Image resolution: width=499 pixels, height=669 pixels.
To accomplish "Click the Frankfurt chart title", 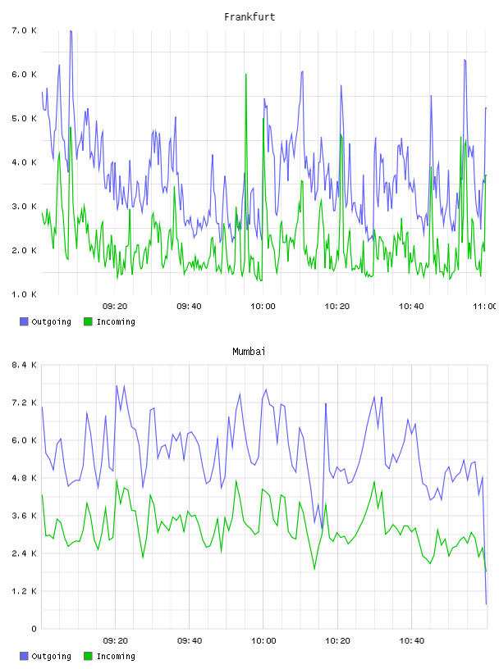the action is pyautogui.click(x=249, y=17).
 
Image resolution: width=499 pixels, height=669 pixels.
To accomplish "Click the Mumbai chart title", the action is pyautogui.click(x=249, y=352).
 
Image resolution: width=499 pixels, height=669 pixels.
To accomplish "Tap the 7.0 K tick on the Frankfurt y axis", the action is pyautogui.click(x=25, y=30).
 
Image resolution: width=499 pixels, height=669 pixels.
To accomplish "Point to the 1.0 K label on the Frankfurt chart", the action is pyautogui.click(x=25, y=294).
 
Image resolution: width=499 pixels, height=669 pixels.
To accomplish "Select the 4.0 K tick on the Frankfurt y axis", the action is pyautogui.click(x=25, y=162).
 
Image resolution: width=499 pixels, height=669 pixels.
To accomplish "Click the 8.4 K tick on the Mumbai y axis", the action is pyautogui.click(x=25, y=365).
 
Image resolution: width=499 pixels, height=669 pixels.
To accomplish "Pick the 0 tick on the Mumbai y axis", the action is pyautogui.click(x=34, y=629).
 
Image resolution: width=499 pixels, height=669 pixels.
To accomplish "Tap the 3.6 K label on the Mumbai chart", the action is pyautogui.click(x=25, y=516).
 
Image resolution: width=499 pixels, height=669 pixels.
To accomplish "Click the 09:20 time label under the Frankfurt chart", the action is pyautogui.click(x=115, y=307).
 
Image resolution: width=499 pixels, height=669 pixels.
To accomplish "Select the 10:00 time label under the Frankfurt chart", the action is pyautogui.click(x=263, y=307).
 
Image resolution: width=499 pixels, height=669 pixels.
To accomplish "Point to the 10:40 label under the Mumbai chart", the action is pyautogui.click(x=412, y=641).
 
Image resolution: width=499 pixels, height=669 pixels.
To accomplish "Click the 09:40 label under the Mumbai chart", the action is pyautogui.click(x=190, y=641).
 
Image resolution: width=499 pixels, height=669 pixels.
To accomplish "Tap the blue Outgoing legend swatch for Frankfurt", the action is pyautogui.click(x=24, y=321).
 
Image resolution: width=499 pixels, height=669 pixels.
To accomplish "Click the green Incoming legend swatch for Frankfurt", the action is pyautogui.click(x=88, y=321).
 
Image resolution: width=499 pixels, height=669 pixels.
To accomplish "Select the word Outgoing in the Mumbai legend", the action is pyautogui.click(x=51, y=656).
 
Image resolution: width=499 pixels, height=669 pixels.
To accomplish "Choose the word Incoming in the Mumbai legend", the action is pyautogui.click(x=116, y=656).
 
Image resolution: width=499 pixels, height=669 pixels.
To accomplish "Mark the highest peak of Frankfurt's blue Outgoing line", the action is pyautogui.click(x=71, y=30).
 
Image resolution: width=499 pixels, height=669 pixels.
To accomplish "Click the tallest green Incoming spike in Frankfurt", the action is pyautogui.click(x=246, y=75).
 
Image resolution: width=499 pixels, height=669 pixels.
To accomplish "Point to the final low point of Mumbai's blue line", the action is pyautogui.click(x=486, y=603).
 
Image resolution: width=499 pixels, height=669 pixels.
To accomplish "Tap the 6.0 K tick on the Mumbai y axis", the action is pyautogui.click(x=25, y=440).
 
